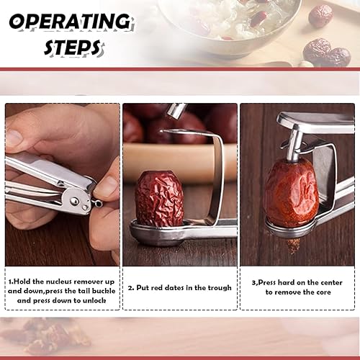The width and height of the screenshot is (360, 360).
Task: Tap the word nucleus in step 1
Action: click(x=63, y=282)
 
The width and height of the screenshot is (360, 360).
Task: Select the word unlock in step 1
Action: click(x=94, y=300)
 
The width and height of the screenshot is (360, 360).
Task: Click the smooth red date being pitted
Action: click(x=292, y=189)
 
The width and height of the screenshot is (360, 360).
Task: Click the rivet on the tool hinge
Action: click(x=74, y=199)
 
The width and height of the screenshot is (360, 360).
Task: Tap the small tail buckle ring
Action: click(x=98, y=204)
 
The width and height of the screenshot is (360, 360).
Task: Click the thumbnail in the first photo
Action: click(x=106, y=186)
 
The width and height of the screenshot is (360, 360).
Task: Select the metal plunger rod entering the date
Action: click(x=295, y=145)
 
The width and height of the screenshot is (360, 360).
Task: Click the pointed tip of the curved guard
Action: click(x=161, y=131)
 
